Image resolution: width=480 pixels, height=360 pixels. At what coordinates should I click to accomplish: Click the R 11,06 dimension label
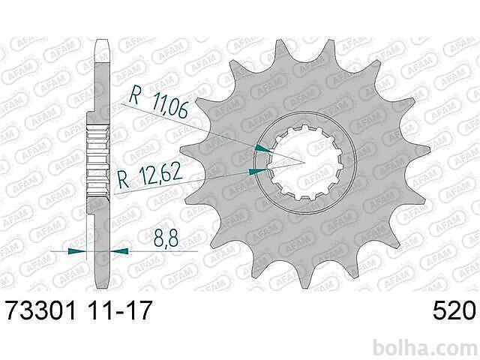pyautogui.click(x=158, y=102)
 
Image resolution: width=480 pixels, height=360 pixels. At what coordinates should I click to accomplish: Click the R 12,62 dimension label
pyautogui.click(x=150, y=176)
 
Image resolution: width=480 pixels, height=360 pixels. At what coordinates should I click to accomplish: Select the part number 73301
pyautogui.click(x=41, y=310)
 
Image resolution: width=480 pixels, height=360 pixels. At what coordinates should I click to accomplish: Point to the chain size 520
pyautogui.click(x=454, y=310)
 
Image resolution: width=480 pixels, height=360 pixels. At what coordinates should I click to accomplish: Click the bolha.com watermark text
pyautogui.click(x=425, y=348)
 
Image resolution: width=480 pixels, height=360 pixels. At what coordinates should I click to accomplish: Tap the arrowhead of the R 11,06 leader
pyautogui.click(x=262, y=148)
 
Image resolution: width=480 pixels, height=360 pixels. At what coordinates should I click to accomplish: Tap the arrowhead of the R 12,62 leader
pyautogui.click(x=258, y=172)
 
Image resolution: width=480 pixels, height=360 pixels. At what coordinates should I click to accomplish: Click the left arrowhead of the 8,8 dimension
pyautogui.click(x=77, y=251)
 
